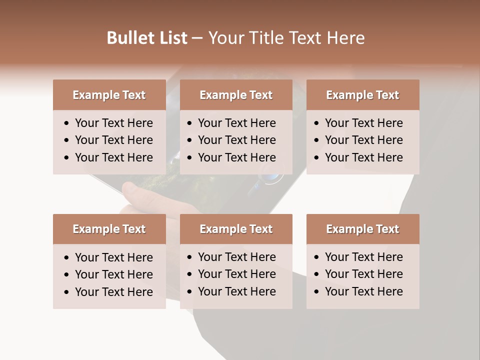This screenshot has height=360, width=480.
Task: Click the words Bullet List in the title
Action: tap(147, 38)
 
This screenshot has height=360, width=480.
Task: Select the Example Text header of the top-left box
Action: tap(109, 95)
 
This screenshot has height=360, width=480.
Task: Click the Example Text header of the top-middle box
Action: tap(236, 95)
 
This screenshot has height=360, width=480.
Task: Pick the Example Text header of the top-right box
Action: tap(362, 95)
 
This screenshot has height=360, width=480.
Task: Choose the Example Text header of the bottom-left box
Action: tap(109, 229)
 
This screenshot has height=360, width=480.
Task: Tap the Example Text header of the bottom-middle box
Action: tap(236, 229)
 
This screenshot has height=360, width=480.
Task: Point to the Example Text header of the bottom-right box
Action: tap(362, 229)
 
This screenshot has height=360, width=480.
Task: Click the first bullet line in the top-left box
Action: tap(113, 123)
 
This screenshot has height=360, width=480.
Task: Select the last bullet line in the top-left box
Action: tap(113, 157)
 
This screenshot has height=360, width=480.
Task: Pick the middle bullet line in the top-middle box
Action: tap(236, 140)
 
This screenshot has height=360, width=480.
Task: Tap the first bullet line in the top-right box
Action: tap(363, 123)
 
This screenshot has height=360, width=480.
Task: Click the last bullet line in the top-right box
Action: tap(363, 157)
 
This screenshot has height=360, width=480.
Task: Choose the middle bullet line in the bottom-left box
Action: tap(113, 274)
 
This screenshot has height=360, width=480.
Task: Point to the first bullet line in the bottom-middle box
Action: tap(236, 257)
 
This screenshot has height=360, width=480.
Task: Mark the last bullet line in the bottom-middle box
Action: tap(236, 291)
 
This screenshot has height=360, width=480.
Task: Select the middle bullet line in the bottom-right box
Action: tap(363, 274)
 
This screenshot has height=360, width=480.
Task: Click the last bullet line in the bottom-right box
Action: tap(363, 291)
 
